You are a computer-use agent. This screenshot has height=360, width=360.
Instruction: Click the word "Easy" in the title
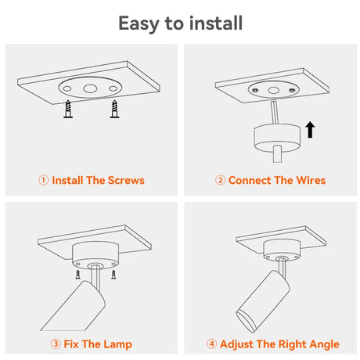click(139, 23)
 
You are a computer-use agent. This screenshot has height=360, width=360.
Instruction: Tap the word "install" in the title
click(216, 23)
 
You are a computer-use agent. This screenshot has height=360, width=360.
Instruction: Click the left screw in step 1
click(68, 109)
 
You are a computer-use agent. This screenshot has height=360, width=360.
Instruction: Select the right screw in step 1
click(114, 109)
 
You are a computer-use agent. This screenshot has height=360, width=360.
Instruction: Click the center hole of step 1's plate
click(90, 88)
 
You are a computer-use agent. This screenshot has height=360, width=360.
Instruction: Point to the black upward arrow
click(310, 129)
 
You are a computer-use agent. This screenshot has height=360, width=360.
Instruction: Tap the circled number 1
click(44, 180)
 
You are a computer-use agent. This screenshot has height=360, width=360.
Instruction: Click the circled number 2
click(220, 180)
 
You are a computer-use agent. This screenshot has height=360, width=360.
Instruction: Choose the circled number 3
click(56, 344)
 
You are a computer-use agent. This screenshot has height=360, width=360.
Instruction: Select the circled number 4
click(211, 344)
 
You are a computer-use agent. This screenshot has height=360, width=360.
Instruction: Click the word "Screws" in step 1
click(126, 180)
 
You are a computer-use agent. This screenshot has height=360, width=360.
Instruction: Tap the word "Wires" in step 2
click(311, 180)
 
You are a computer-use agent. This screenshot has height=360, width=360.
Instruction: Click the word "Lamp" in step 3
click(117, 344)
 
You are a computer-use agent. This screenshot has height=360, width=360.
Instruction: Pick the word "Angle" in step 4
click(324, 344)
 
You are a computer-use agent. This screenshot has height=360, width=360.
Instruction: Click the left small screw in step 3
click(77, 275)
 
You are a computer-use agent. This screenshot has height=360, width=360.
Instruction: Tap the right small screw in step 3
click(113, 275)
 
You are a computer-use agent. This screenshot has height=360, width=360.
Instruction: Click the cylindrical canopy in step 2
click(277, 139)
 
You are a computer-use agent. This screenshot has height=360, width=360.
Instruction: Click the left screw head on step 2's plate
click(255, 90)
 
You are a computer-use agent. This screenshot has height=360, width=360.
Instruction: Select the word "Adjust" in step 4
click(236, 344)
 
